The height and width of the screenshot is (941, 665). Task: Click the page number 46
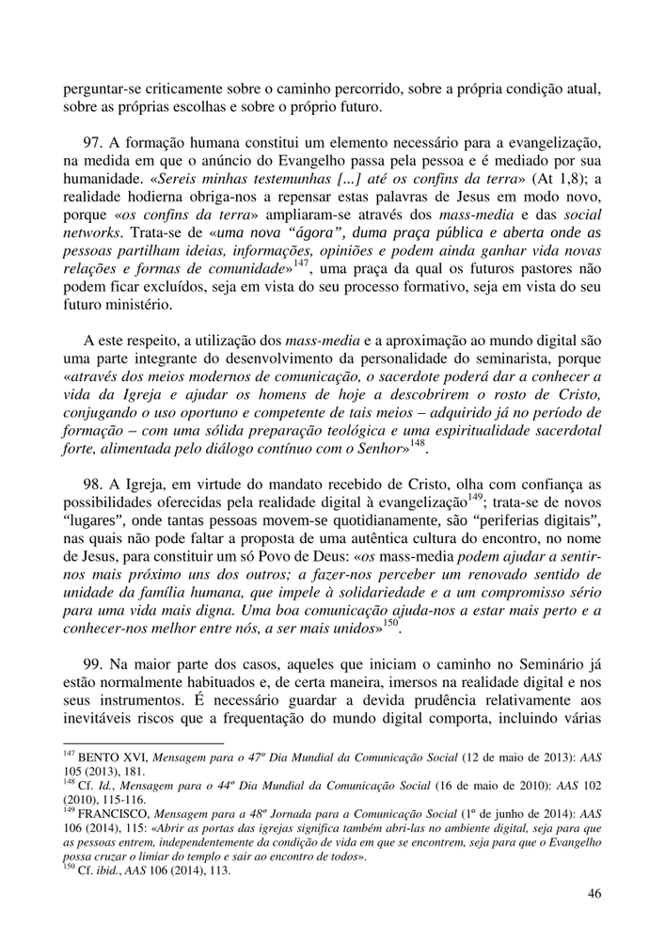tap(594, 893)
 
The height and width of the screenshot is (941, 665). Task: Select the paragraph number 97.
tap(92, 140)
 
